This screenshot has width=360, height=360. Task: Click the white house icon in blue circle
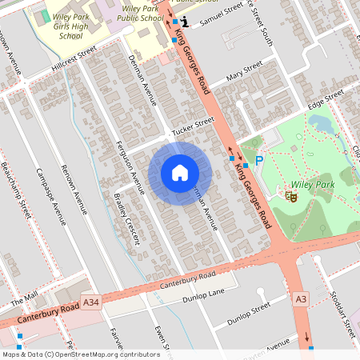(x=180, y=173)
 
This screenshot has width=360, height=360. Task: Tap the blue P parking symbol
(x=259, y=161)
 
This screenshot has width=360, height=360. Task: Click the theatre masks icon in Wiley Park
(x=291, y=194)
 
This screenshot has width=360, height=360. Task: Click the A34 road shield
(x=92, y=303)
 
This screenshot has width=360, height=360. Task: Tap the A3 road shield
(x=301, y=298)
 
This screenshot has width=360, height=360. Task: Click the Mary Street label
(x=244, y=74)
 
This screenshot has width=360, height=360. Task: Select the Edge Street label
(x=325, y=101)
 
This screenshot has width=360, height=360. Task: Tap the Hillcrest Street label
(x=72, y=58)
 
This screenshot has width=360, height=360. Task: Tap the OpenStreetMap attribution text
(x=80, y=354)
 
